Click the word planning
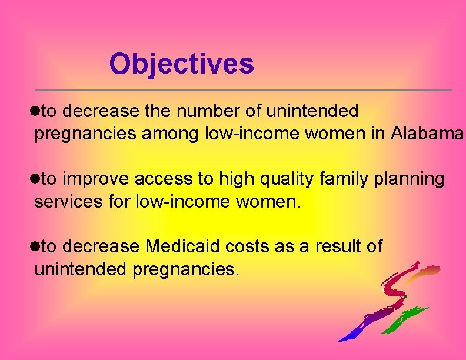coord(410,179)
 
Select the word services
coord(63,202)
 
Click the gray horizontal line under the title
coord(244,90)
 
